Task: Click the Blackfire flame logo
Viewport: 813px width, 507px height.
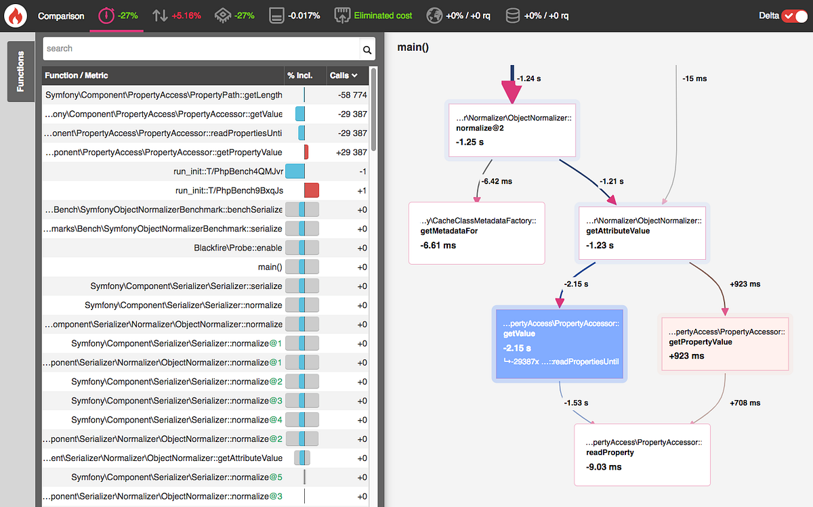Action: pyautogui.click(x=15, y=15)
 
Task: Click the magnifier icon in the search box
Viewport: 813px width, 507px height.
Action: pyautogui.click(x=367, y=49)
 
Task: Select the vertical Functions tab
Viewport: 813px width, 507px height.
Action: pyautogui.click(x=20, y=72)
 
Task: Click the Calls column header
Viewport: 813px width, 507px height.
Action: pyautogui.click(x=343, y=75)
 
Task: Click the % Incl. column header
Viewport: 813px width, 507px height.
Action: pyautogui.click(x=300, y=75)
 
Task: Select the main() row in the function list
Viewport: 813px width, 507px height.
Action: pyautogui.click(x=270, y=267)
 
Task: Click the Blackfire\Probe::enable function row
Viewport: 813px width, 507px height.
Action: pyautogui.click(x=238, y=248)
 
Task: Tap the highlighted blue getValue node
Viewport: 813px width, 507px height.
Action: pyautogui.click(x=560, y=343)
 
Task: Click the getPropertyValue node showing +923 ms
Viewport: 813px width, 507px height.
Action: pyautogui.click(x=726, y=344)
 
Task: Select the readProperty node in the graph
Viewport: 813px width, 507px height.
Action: pyautogui.click(x=642, y=454)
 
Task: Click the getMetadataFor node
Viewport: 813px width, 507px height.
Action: pyautogui.click(x=476, y=233)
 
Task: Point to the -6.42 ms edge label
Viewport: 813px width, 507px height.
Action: pyautogui.click(x=497, y=181)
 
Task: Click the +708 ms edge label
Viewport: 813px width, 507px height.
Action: pyautogui.click(x=745, y=403)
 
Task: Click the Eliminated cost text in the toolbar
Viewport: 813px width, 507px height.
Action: pyautogui.click(x=383, y=16)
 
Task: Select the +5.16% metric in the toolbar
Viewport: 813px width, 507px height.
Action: pyautogui.click(x=186, y=16)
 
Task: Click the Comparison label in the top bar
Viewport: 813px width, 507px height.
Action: pyautogui.click(x=61, y=16)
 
